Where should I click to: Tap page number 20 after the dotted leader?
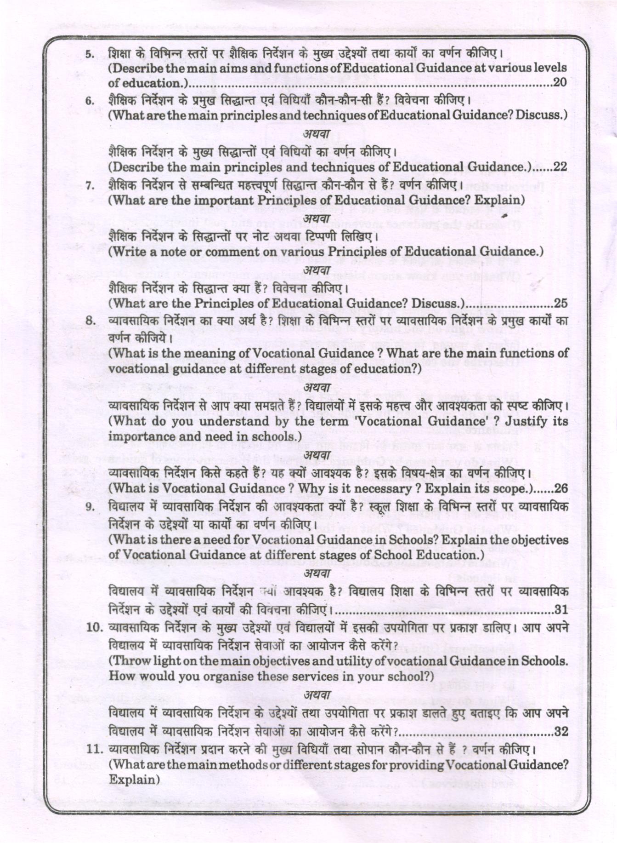click(x=560, y=83)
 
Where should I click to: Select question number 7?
click(x=90, y=186)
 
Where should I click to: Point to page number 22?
click(x=560, y=167)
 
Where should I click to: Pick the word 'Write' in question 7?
click(x=128, y=252)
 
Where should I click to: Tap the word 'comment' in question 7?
click(x=233, y=252)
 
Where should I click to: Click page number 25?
click(x=560, y=303)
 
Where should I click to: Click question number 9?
click(x=90, y=507)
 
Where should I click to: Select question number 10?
click(x=94, y=628)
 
